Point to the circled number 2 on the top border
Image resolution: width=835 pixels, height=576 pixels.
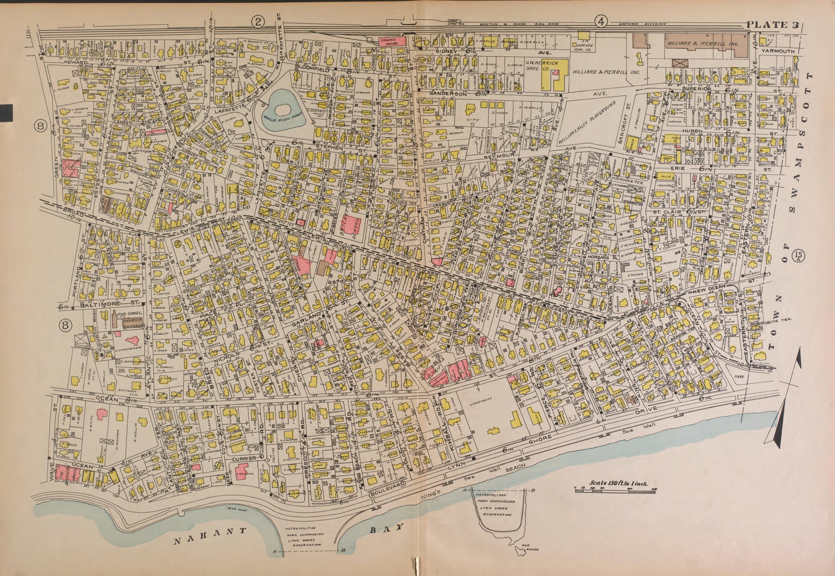(258, 22)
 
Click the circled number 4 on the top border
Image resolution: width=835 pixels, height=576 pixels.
(601, 22)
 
